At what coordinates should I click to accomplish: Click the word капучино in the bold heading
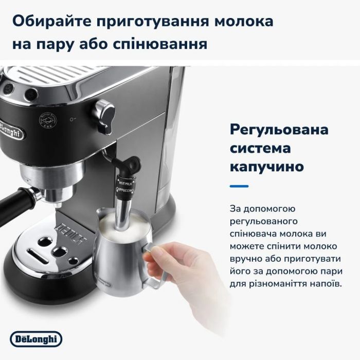[266, 168]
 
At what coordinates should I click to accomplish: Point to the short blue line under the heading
[239, 186]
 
